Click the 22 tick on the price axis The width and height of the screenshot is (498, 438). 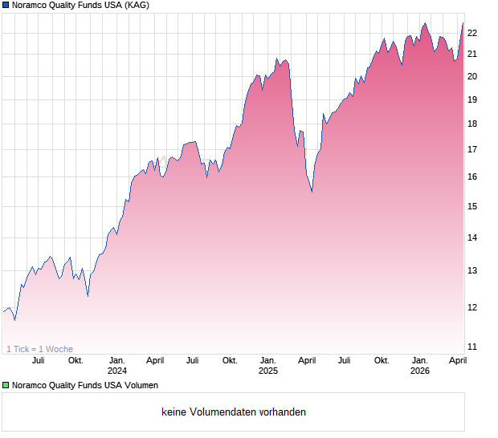tap(472, 33)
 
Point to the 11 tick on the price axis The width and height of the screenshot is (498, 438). tap(472, 347)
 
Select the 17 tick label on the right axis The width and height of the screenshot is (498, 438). tap(472, 149)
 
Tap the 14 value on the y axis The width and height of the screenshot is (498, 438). tap(472, 237)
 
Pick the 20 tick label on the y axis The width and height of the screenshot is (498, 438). tap(472, 76)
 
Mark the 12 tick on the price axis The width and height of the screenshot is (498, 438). tap(472, 307)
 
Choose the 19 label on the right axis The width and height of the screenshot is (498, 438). tap(472, 99)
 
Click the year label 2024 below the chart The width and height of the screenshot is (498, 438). tap(117, 371)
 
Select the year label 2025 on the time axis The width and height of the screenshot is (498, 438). tap(268, 371)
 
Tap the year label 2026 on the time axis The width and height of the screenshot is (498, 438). tap(419, 371)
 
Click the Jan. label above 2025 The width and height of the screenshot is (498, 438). tap(268, 360)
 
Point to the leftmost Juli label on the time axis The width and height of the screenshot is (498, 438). tap(38, 360)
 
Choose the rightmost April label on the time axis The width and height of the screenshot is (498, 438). tap(457, 360)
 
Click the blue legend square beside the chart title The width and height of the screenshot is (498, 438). tap(6, 6)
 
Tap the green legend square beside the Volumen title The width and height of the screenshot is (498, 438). tap(6, 385)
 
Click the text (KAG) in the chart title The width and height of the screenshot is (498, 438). tap(133, 6)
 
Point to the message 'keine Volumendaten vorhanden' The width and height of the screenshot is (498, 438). tap(234, 412)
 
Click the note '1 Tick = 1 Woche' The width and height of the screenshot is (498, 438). tap(39, 349)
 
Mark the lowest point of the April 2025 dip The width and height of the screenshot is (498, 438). tap(312, 192)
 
